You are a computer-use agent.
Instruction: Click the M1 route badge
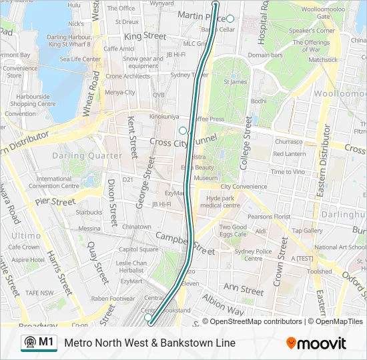[39, 343]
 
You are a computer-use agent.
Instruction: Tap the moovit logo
[316, 343]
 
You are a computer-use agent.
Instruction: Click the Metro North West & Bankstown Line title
[149, 343]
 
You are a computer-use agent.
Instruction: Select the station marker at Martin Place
[230, 19]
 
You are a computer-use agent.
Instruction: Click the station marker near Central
[148, 318]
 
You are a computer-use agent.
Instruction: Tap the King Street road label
[145, 35]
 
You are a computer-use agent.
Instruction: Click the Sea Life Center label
[80, 59]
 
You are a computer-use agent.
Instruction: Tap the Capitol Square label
[139, 249]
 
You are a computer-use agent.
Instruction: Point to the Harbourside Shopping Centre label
[32, 100]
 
